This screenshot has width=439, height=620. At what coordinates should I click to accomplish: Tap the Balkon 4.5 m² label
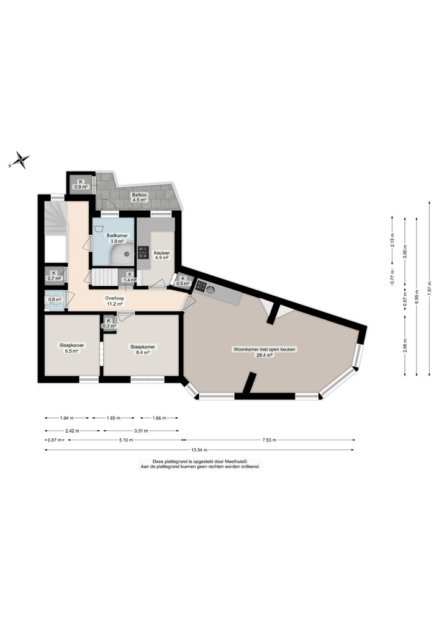[138, 197]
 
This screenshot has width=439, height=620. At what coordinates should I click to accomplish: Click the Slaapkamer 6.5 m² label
[71, 348]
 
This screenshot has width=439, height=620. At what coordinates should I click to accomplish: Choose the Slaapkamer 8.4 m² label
[142, 350]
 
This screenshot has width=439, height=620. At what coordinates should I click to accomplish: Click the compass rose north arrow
[22, 160]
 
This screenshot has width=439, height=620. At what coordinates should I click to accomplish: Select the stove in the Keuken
[143, 252]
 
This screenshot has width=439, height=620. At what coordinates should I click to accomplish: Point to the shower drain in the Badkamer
[127, 253]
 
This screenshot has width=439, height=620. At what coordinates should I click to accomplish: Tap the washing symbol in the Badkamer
[99, 228]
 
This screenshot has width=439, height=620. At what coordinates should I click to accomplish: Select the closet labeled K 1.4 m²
[130, 278]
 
